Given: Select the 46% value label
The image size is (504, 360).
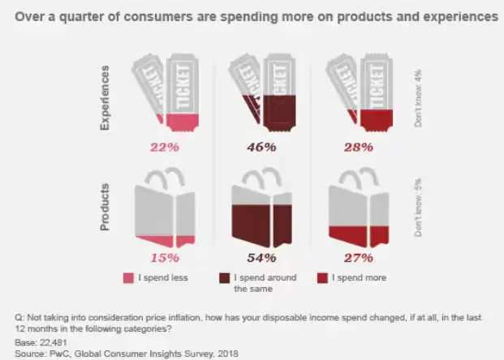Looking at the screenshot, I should (x=261, y=147).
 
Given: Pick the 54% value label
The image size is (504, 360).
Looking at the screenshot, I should (x=261, y=258).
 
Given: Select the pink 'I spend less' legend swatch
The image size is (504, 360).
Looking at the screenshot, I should (x=128, y=278).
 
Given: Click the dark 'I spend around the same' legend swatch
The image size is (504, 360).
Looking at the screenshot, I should (x=225, y=278).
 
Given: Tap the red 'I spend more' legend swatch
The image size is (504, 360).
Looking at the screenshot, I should (x=321, y=278).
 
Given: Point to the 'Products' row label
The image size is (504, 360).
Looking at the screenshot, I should (x=105, y=208).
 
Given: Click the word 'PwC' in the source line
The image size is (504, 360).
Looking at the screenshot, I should (x=58, y=354).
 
